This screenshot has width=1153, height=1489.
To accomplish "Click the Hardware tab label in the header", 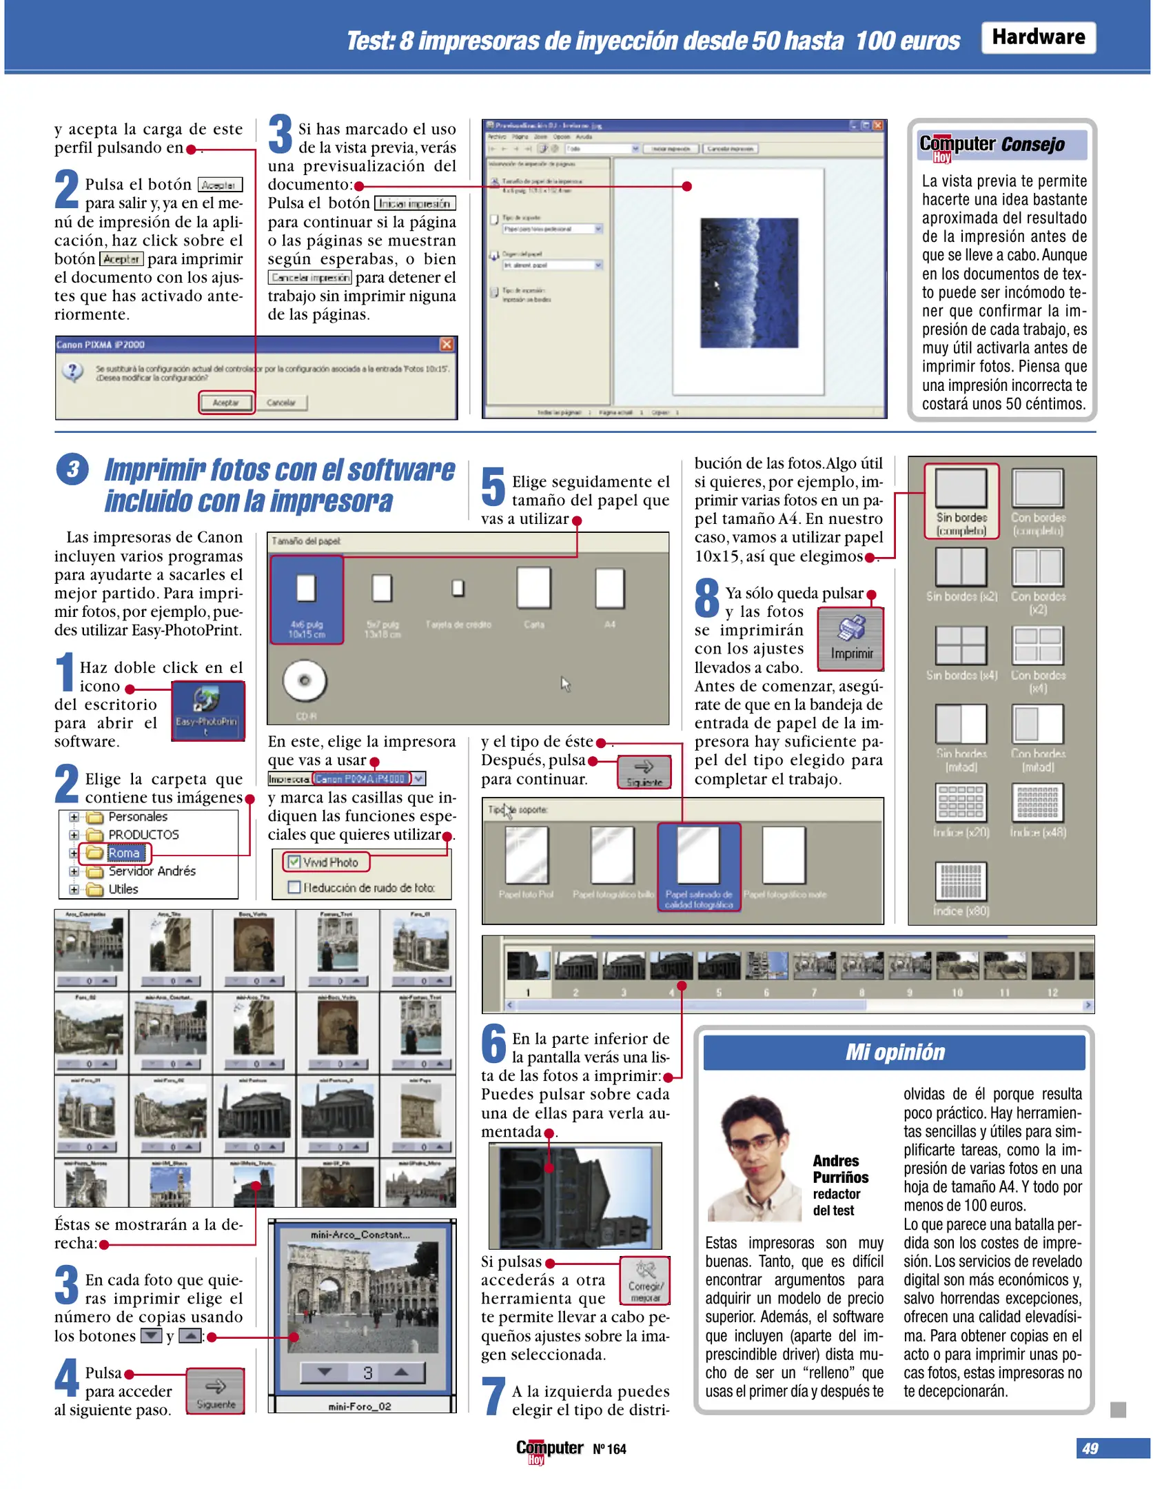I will click(x=1037, y=37).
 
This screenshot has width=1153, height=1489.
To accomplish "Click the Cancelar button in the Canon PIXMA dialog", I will click(x=280, y=402).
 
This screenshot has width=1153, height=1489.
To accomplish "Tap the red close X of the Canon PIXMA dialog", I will click(x=446, y=344).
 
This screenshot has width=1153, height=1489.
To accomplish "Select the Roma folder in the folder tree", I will click(x=123, y=853).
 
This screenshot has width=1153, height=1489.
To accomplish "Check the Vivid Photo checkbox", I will click(x=294, y=862).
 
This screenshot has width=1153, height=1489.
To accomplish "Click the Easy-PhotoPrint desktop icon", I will click(x=207, y=710).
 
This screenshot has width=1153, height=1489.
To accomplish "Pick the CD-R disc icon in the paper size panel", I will click(x=304, y=681).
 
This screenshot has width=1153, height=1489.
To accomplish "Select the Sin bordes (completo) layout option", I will click(x=961, y=500).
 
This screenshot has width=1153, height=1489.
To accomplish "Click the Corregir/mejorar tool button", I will click(x=645, y=1280).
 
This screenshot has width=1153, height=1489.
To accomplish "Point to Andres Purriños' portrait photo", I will click(x=757, y=1158).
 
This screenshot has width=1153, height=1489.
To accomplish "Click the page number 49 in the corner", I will click(x=1090, y=1448).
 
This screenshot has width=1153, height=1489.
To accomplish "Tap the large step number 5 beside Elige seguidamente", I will click(x=493, y=487).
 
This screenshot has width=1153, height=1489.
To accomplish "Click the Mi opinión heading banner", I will click(x=894, y=1052).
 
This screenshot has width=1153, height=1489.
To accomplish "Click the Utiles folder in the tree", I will click(x=123, y=889).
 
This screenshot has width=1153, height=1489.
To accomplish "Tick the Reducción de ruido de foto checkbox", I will click(x=294, y=887).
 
